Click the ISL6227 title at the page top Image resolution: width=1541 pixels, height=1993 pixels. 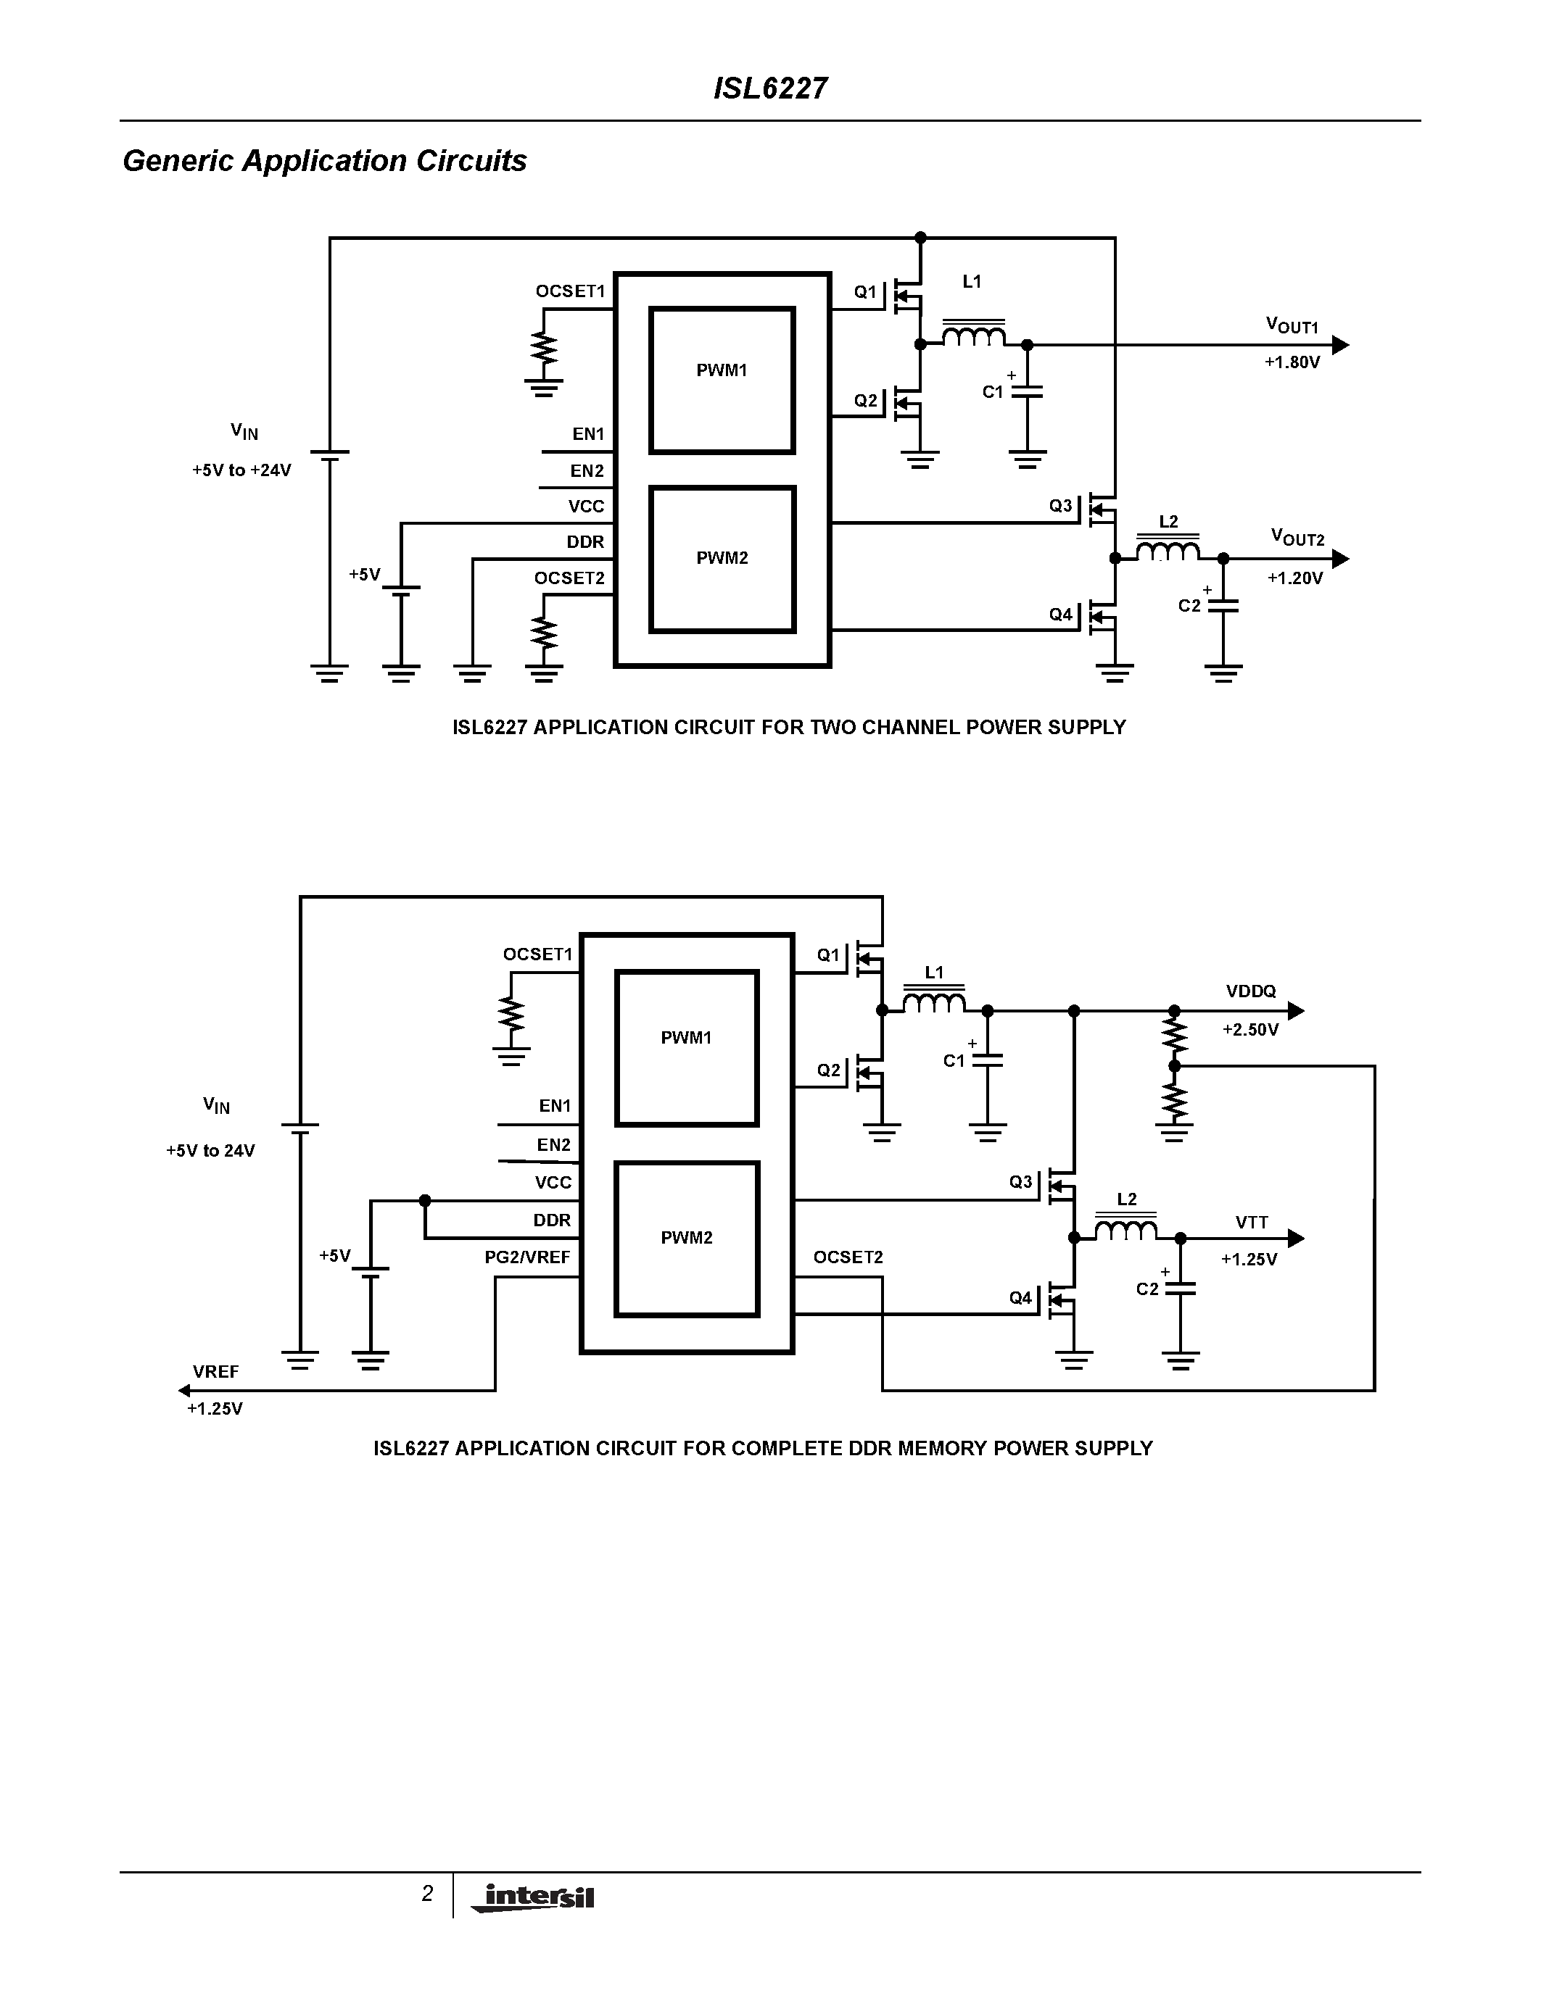[769, 88]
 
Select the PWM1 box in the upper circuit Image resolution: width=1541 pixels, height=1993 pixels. [722, 380]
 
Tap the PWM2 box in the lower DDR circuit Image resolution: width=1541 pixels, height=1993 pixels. [687, 1239]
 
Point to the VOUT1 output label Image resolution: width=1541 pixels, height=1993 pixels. [1291, 326]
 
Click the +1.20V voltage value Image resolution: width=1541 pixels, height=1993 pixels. [1294, 578]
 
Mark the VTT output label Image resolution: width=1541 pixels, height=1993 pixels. [1251, 1222]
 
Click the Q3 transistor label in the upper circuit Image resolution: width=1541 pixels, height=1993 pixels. [1060, 506]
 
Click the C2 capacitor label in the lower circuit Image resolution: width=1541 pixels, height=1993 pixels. [1147, 1289]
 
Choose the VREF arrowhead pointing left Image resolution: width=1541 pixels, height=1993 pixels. [183, 1391]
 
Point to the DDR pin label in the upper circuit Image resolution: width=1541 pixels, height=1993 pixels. [584, 542]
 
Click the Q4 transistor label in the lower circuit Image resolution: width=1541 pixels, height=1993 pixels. [1020, 1298]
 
